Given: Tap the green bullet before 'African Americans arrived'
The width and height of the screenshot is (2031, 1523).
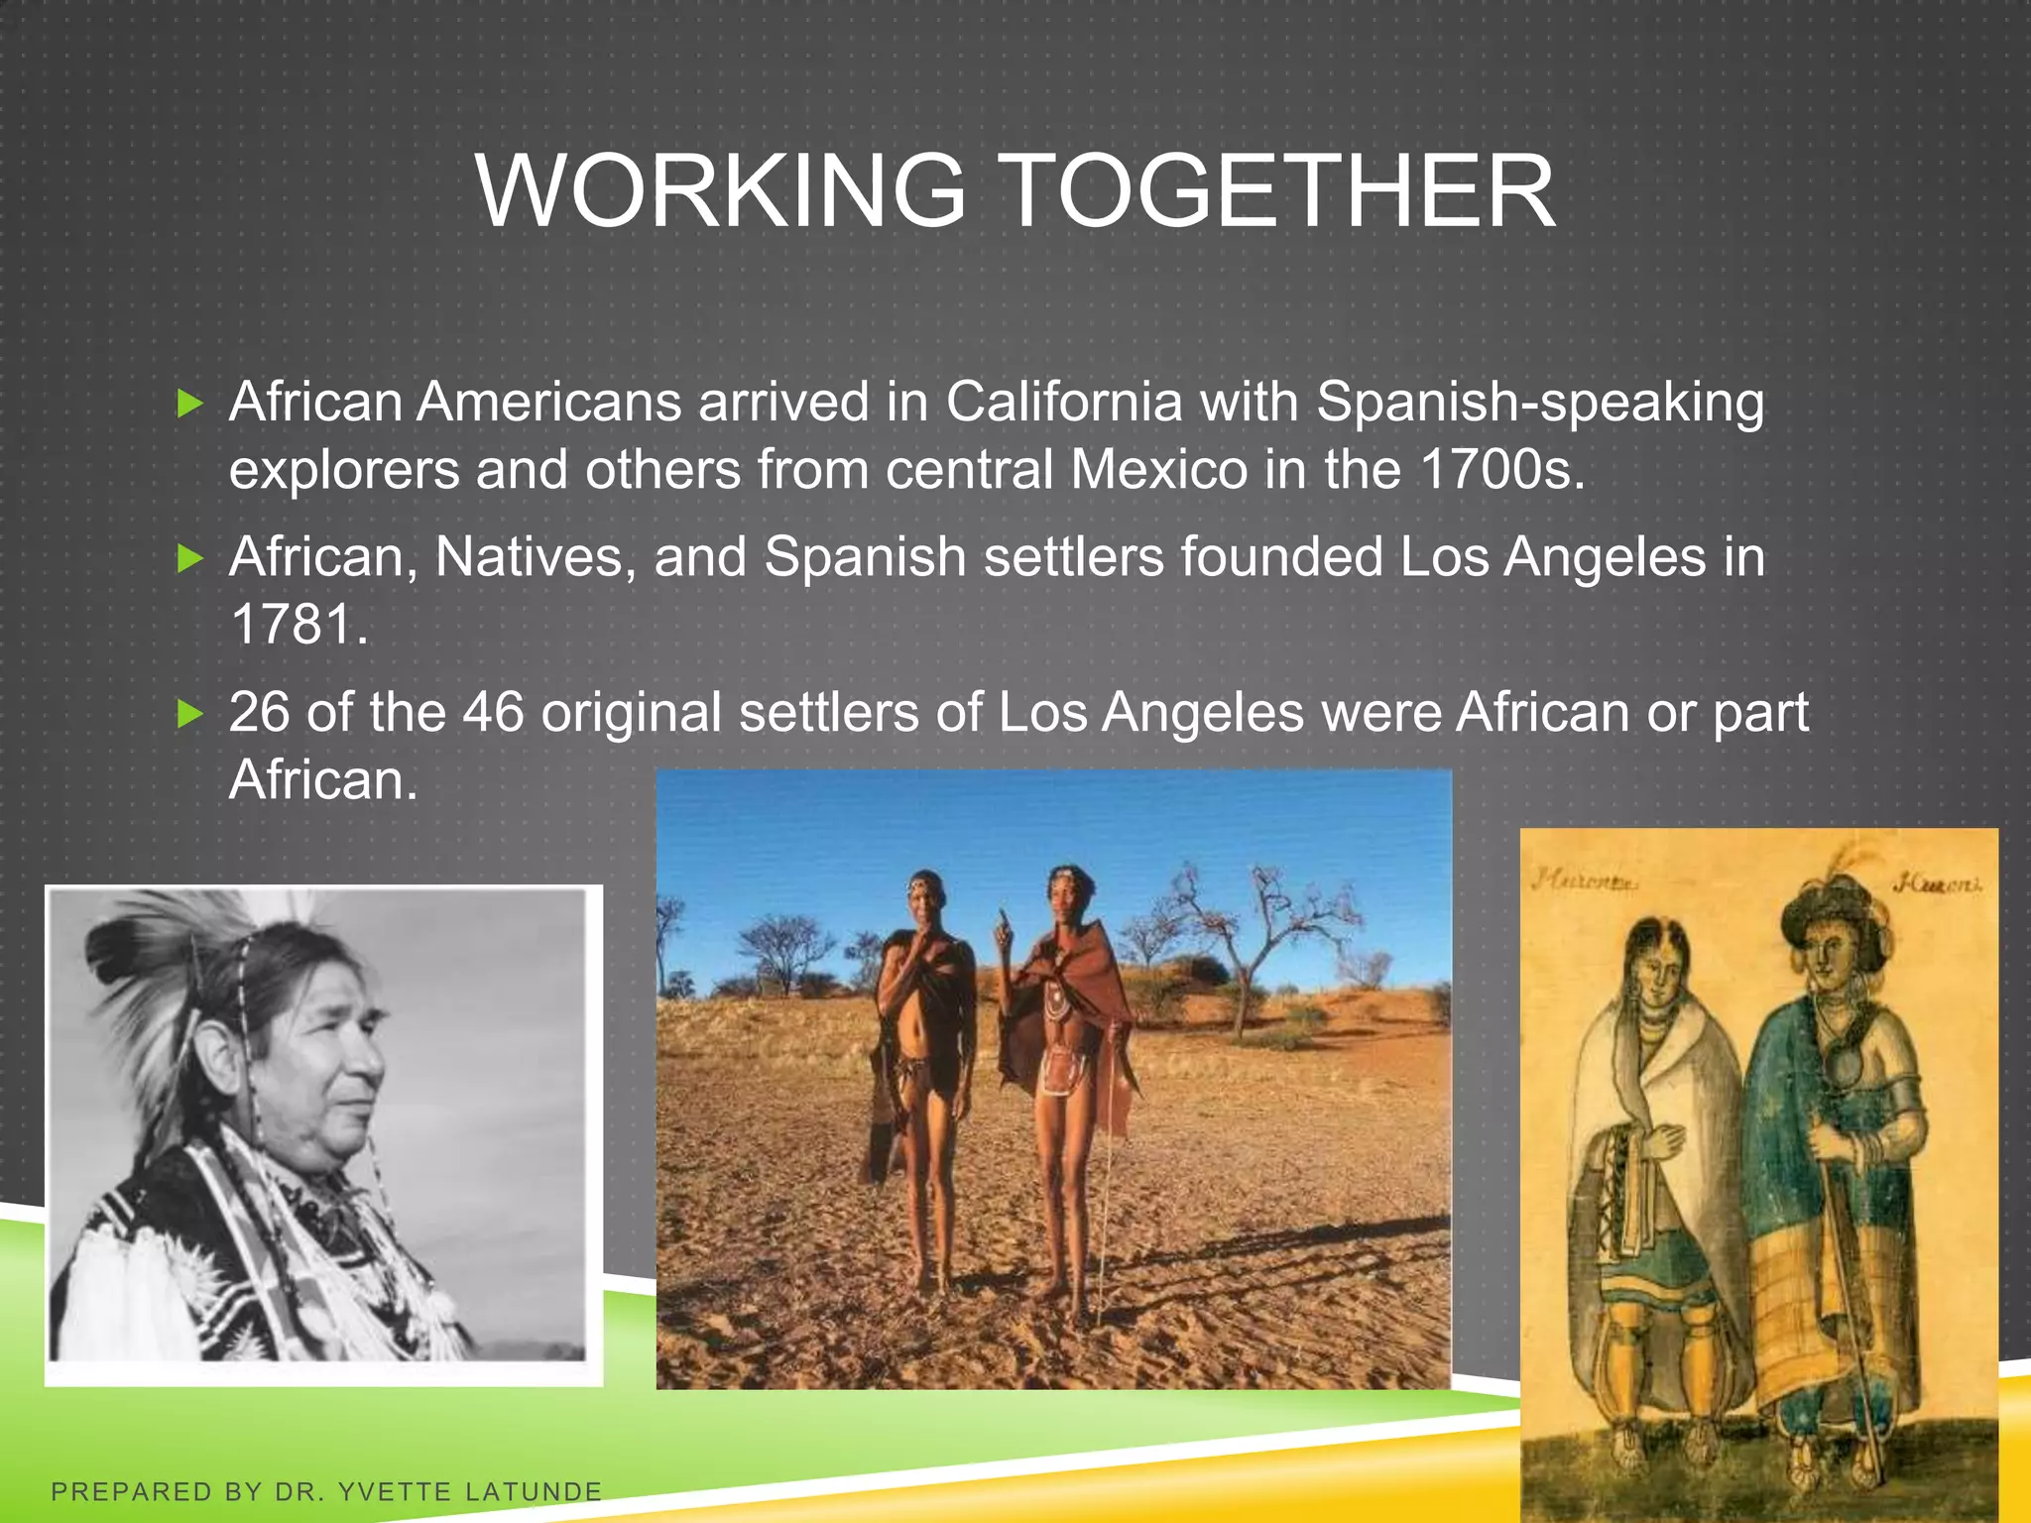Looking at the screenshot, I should coord(189,404).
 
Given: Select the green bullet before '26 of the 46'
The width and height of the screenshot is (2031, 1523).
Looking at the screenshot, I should coord(189,714).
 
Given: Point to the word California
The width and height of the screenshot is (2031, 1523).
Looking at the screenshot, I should coord(1063,403).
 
